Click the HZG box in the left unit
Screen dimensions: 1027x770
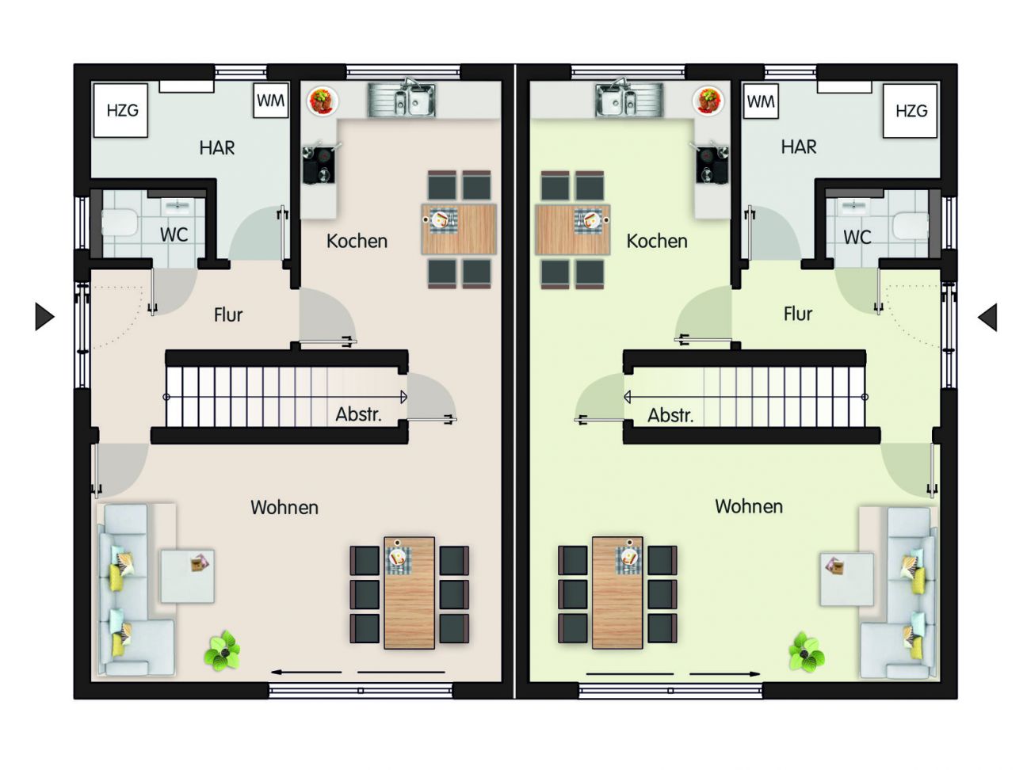120,110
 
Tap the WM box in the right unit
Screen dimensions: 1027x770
761,101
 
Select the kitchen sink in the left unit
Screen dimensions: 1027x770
402,99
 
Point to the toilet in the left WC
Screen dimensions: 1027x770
120,223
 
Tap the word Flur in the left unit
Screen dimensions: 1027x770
228,314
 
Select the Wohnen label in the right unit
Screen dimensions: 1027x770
749,506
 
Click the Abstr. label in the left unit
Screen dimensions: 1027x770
359,414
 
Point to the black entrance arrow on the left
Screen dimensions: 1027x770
44,317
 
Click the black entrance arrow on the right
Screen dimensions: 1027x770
987,317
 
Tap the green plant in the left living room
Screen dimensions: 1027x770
223,650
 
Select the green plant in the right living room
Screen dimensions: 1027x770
806,650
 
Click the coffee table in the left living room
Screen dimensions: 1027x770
188,576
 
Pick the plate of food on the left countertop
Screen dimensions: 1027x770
323,101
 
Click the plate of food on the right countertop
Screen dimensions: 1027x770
708,101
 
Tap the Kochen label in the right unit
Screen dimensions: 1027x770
657,242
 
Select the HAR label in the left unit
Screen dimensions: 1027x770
216,147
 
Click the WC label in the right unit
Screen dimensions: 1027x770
857,237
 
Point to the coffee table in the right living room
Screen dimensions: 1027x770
846,579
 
